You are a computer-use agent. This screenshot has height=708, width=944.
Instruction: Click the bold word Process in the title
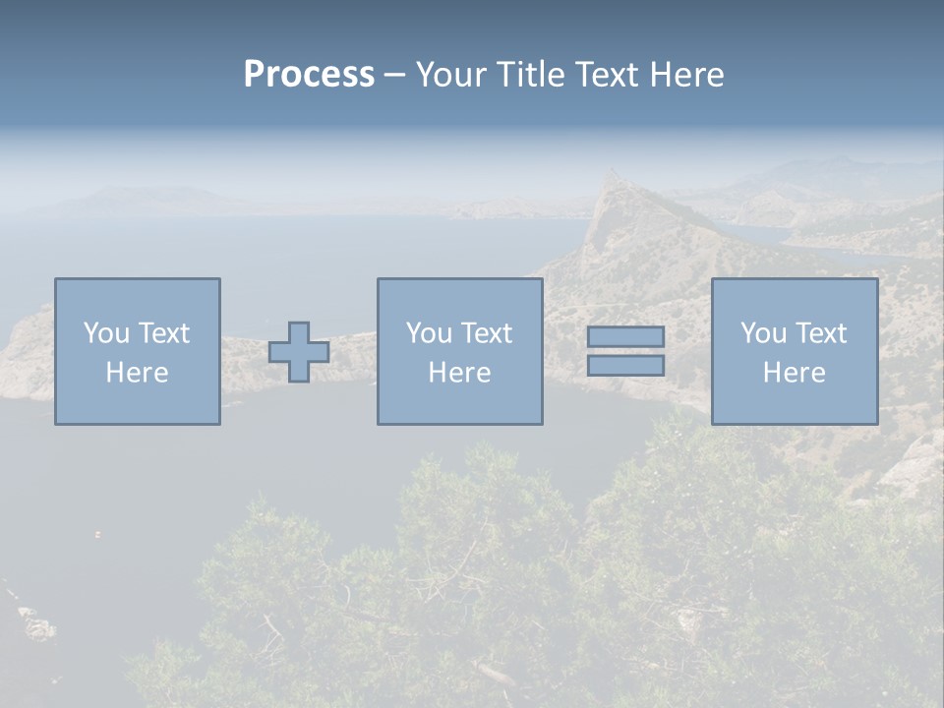pos(309,75)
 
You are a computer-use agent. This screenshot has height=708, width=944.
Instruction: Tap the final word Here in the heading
pos(687,75)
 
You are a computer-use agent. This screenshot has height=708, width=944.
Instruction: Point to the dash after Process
pos(394,76)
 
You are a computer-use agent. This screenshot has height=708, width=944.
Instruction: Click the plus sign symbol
pos(299,352)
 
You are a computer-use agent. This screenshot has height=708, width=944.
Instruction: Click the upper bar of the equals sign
pos(625,336)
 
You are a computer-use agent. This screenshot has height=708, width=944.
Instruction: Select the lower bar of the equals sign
pos(625,365)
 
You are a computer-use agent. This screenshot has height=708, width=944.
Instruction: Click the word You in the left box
pos(105,333)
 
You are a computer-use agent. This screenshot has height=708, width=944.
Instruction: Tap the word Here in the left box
pos(137,373)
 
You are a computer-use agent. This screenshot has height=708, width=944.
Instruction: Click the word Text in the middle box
pos(486,333)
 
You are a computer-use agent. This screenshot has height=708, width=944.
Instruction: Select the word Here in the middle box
pos(459,373)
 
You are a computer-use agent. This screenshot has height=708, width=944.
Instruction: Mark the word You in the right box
pos(762,333)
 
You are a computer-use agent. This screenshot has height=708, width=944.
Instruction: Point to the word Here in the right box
pos(794,373)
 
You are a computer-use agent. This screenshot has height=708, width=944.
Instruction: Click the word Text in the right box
pos(820,333)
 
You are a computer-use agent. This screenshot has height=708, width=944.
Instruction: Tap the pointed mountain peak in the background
pos(615,177)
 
